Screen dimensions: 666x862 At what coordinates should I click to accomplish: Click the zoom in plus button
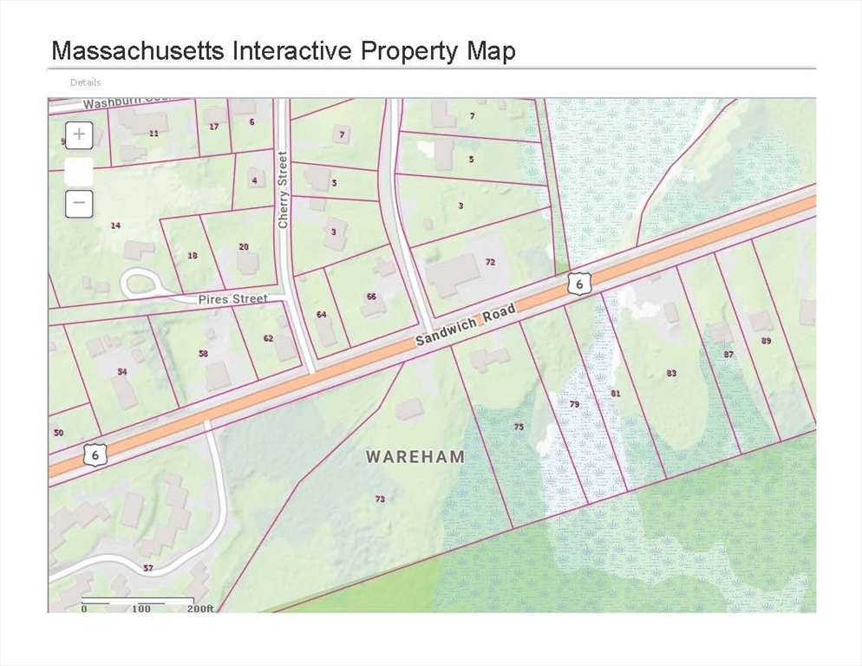(79, 134)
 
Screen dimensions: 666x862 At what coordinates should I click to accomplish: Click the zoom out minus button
(79, 204)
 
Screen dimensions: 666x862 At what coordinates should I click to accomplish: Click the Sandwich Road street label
(465, 325)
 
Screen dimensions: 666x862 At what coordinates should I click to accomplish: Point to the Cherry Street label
(283, 190)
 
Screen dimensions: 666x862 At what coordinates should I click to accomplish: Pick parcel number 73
(379, 499)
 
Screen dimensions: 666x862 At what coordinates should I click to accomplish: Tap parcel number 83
(671, 373)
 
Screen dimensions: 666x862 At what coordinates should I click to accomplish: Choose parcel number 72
(490, 261)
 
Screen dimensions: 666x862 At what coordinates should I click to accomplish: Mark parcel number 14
(115, 225)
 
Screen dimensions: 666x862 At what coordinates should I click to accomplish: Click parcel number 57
(148, 568)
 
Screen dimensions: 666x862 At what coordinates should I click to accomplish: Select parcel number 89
(766, 341)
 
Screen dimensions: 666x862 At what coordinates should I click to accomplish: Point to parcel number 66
(371, 297)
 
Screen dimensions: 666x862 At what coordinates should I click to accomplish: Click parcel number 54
(122, 371)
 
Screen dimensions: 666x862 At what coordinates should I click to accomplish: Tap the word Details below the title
(85, 82)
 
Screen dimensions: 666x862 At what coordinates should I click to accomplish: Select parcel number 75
(519, 427)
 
